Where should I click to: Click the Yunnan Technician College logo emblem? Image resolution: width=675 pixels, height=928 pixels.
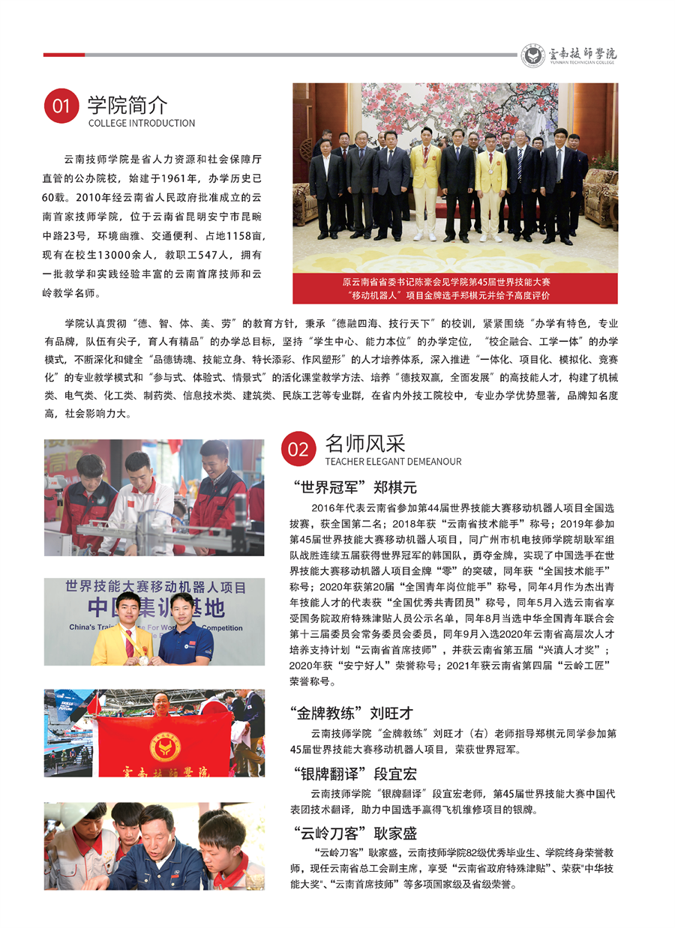pos(533,55)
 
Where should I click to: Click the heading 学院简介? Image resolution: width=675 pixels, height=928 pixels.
pos(127,103)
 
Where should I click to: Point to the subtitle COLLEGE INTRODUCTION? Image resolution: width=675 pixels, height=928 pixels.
pos(141,123)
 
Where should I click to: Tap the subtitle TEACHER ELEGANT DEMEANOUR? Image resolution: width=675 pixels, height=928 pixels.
pos(393,462)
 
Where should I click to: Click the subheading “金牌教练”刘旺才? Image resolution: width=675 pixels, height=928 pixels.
pos(351,712)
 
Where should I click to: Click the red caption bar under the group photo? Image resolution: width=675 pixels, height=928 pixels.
pos(455,289)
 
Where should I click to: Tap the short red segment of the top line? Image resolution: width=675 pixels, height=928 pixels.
pos(64,55)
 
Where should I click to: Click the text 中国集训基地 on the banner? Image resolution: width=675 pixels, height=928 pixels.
pos(155,606)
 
